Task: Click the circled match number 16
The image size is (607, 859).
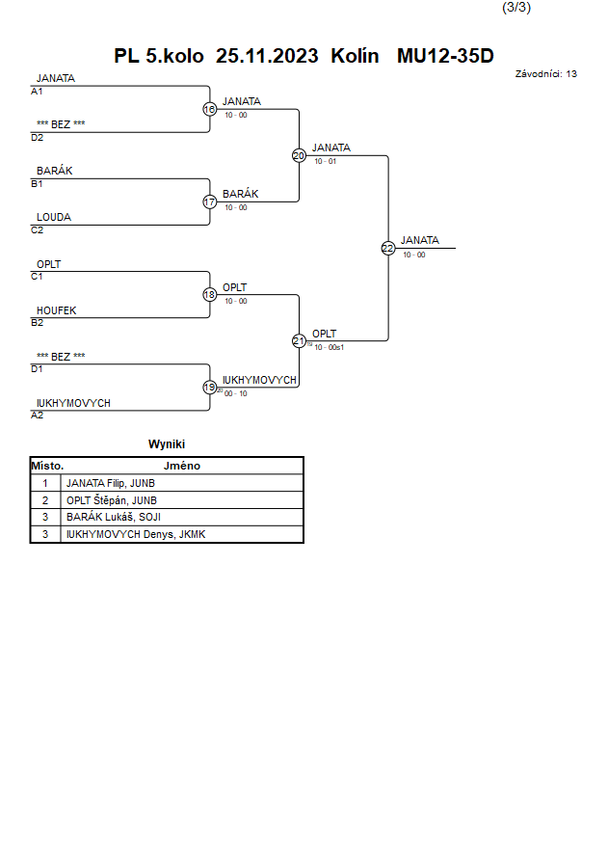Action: pos(210,110)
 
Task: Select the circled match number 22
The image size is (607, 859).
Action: pos(388,249)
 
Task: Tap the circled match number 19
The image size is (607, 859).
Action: pos(210,388)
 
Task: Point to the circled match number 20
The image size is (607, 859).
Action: pos(299,156)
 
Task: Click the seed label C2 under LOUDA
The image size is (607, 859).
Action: pos(38,230)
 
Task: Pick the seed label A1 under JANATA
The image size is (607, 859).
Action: pos(37,92)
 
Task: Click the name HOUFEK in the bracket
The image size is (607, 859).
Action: pos(57,310)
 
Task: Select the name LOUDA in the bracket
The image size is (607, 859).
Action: pos(54,218)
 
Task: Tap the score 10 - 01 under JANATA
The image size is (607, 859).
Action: pos(325,162)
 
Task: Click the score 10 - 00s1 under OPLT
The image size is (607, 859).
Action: pos(329,347)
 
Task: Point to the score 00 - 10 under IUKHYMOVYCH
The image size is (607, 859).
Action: pos(236,394)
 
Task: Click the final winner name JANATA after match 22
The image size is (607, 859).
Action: pos(420,240)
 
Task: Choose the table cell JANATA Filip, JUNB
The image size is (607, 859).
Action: pos(111,483)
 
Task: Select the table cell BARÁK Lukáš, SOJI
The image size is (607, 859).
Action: pos(114,517)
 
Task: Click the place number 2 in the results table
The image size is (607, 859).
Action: pos(45,500)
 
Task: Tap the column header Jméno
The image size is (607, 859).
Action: pos(182,466)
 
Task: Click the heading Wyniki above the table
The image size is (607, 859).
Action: pos(167,444)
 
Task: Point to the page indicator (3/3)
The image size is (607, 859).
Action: pos(516,8)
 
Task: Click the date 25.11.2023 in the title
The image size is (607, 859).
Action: pos(267,56)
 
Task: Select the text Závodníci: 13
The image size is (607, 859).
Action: pos(545,74)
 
